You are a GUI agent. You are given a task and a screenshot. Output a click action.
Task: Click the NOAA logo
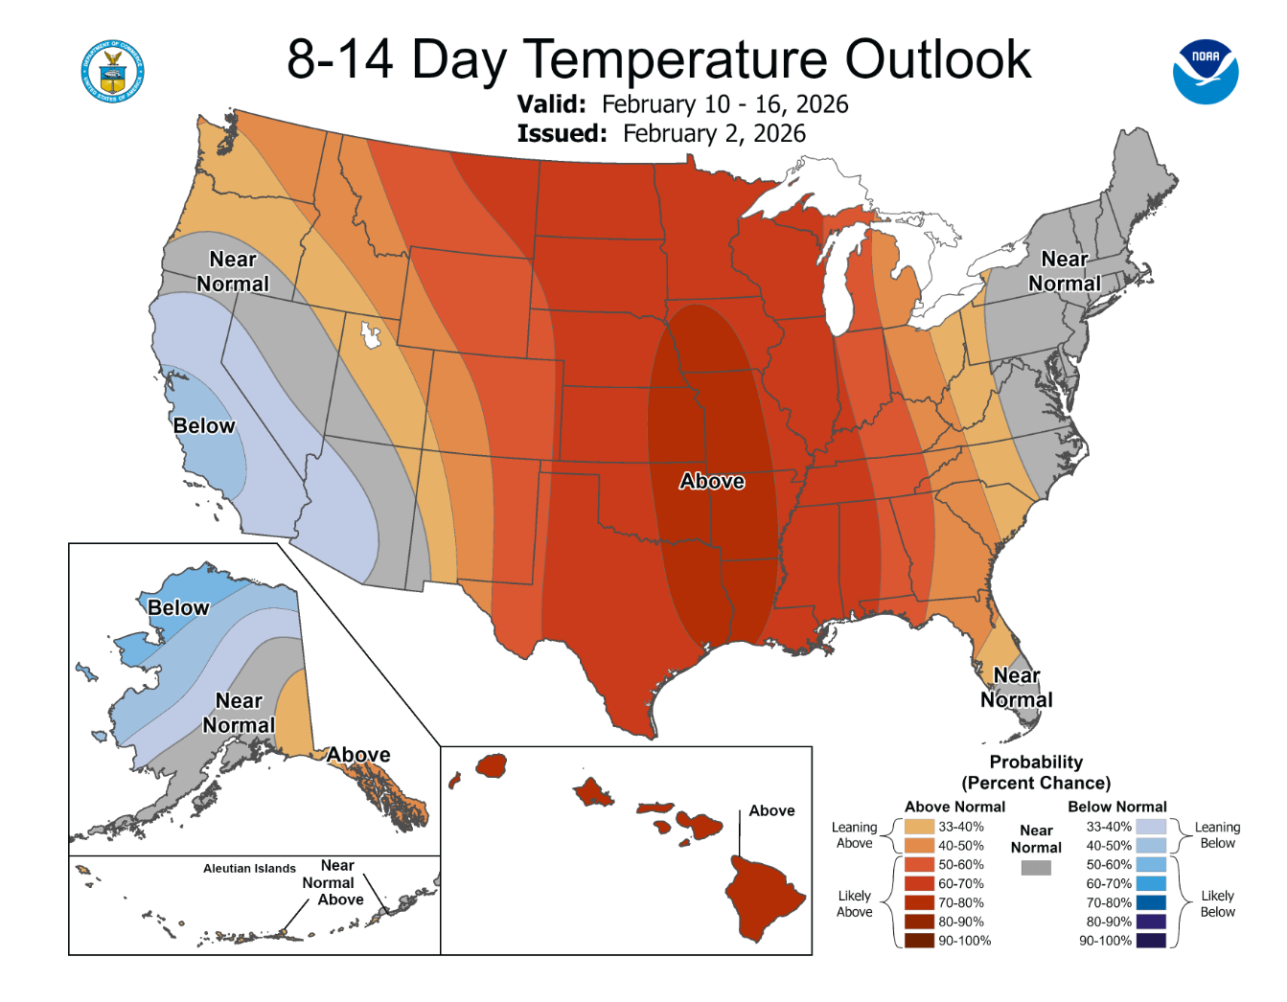tap(1206, 72)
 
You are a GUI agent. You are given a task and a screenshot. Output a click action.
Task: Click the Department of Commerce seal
tap(112, 72)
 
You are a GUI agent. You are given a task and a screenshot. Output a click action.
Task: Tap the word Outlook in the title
tap(938, 59)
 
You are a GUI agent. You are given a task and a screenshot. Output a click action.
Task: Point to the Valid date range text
tap(724, 104)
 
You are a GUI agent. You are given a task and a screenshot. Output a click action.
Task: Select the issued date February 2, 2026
tap(714, 134)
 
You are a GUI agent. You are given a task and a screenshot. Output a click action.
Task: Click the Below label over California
tap(204, 425)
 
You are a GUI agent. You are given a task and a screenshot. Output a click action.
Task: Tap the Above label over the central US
tap(711, 481)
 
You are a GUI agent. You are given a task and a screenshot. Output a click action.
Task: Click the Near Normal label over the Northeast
tap(1065, 271)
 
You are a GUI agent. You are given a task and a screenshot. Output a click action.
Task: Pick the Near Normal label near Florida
tap(1017, 687)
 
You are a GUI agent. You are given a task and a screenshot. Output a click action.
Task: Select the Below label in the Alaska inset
tap(177, 607)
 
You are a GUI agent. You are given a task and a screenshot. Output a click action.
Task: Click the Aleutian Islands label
tap(249, 868)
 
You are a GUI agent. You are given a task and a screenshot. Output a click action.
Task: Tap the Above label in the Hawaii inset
tap(771, 810)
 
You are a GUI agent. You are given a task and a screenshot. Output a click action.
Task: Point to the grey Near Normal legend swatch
tap(1036, 868)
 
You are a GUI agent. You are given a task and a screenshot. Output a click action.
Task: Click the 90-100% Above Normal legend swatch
tap(919, 941)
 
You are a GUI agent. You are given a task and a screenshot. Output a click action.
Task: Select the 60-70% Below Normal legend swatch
tap(1151, 883)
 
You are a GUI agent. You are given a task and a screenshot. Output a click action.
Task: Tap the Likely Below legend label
tap(1217, 903)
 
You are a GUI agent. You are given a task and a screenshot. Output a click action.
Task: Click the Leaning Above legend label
tap(854, 835)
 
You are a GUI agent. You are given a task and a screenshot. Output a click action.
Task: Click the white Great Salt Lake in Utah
tap(370, 335)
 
